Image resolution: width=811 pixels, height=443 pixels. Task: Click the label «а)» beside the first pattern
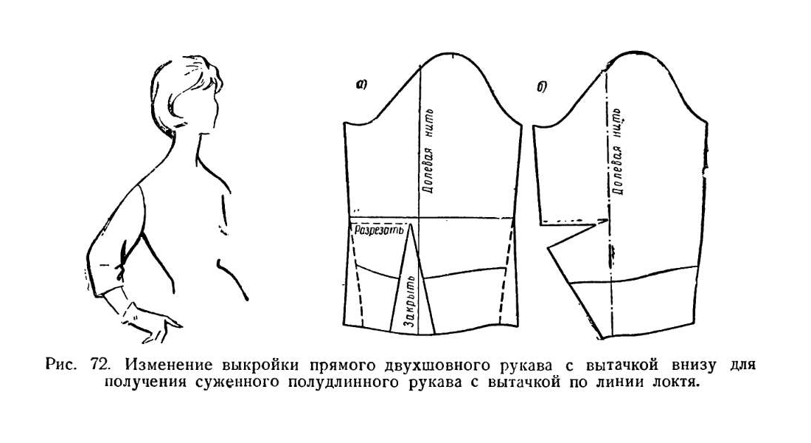point(361,84)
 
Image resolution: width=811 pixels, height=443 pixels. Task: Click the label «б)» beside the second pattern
point(542,88)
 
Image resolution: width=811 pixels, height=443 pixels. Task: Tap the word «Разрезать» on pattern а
point(379,229)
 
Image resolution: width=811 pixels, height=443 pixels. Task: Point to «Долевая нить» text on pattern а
point(427,151)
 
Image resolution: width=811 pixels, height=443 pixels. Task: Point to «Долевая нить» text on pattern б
point(617,151)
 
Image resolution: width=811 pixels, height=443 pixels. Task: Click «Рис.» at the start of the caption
point(61,364)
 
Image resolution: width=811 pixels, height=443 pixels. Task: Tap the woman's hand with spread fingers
point(150,321)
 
